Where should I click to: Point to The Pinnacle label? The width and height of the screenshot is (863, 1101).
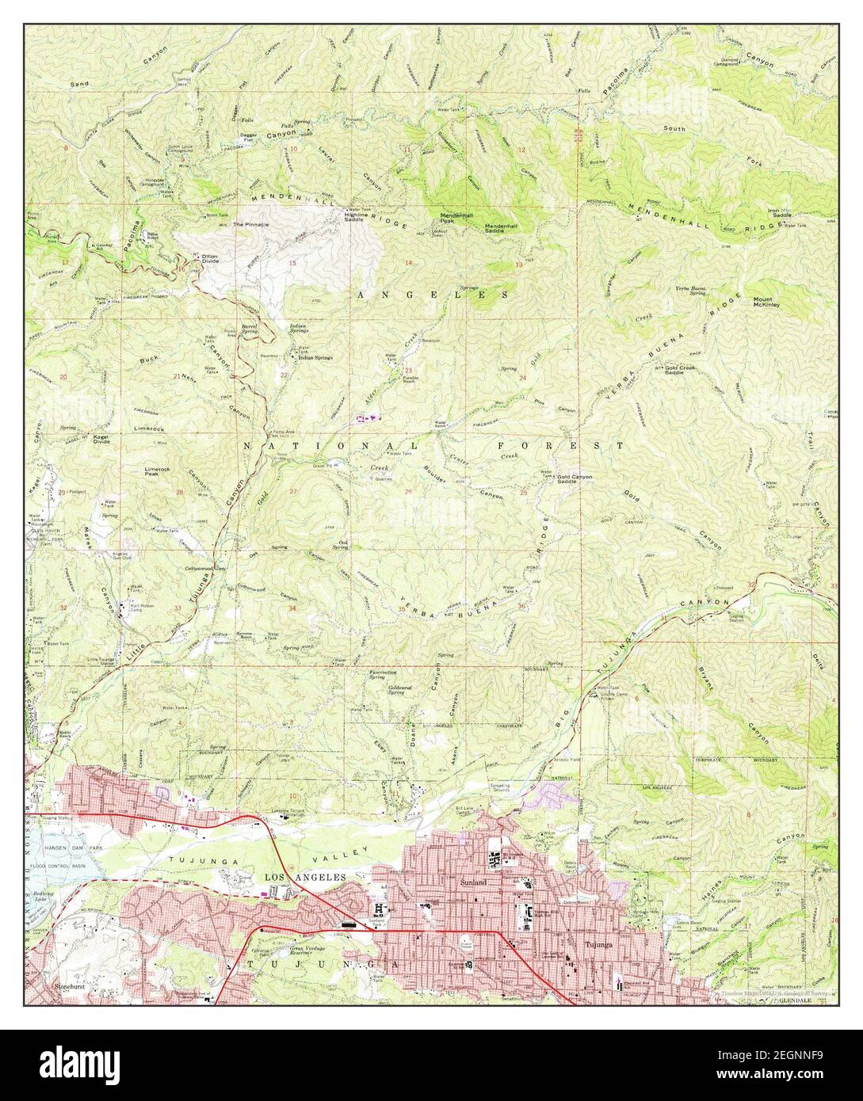tap(250, 225)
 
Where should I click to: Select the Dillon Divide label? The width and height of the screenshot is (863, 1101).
tap(209, 258)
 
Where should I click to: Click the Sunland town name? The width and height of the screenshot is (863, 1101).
tap(472, 881)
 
